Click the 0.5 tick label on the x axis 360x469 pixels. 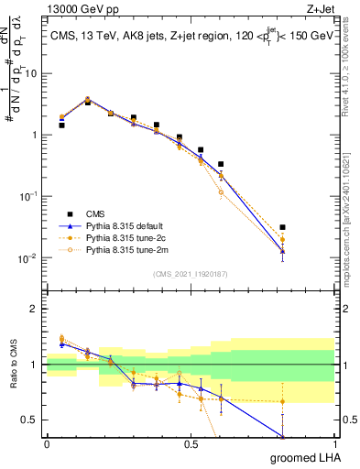[x=191, y=444]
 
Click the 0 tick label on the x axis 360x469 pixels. [x=47, y=444]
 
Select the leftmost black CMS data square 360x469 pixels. [x=61, y=125]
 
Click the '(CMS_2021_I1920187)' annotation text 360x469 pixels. [x=191, y=273]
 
